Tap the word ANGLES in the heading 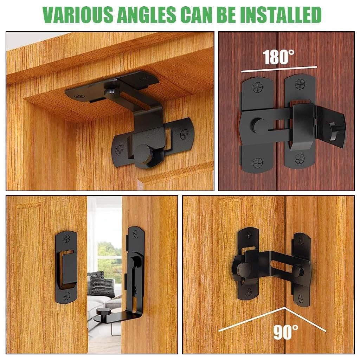pyautogui.click(x=152, y=14)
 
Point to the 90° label pyautogui.click(x=286, y=332)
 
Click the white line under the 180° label pyautogui.click(x=279, y=69)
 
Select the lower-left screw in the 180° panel pyautogui.click(x=258, y=162)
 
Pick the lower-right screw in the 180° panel pyautogui.click(x=300, y=159)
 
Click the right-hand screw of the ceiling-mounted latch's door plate pyautogui.click(x=184, y=134)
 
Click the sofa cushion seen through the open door pyautogui.click(x=102, y=285)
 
